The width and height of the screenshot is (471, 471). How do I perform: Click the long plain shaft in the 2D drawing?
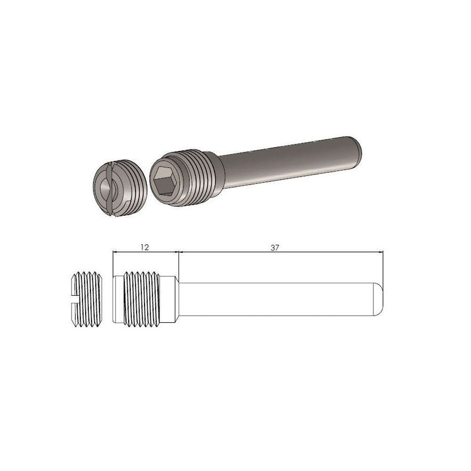278,299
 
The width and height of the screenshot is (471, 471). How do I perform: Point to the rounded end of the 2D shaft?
379,299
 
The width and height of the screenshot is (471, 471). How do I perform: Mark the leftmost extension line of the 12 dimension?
113,264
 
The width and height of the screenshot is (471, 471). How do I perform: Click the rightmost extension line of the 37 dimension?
383,266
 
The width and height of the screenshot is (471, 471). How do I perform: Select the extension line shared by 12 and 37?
178,264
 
